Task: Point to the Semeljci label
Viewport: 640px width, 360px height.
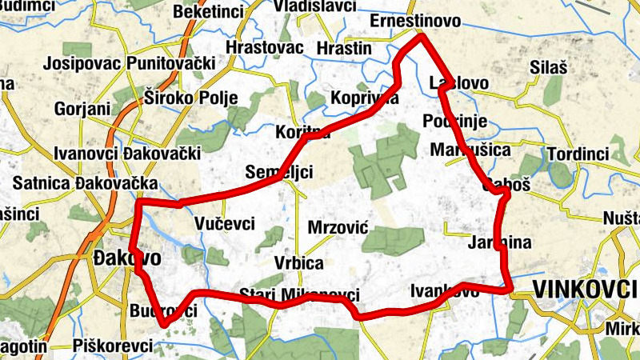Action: point(278,171)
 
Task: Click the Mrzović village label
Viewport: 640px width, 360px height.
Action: point(337,228)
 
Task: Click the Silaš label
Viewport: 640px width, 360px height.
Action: point(548,69)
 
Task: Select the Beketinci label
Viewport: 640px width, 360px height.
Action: point(203,13)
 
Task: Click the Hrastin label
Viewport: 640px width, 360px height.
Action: point(344,48)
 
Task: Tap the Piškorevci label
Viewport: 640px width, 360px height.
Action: point(112,346)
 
